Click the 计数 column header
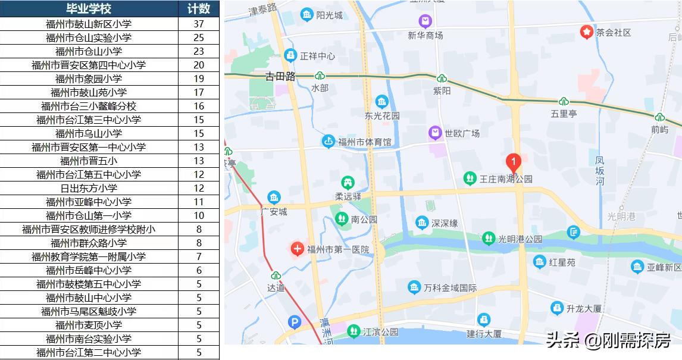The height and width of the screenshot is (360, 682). coord(199,9)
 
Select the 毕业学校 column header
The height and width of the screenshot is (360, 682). coord(89,9)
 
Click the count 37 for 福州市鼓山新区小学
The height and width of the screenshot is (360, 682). coord(199,24)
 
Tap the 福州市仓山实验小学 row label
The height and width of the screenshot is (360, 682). coord(89,37)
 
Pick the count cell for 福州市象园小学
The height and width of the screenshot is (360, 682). coord(199,79)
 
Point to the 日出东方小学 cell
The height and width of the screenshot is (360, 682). coord(89,188)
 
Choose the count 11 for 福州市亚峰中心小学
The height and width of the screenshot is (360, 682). coord(199,202)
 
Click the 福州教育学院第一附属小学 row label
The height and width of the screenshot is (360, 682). coord(89,256)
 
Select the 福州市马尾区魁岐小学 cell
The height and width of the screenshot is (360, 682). coord(89,311)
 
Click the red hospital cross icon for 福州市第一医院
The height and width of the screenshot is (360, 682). coord(297,249)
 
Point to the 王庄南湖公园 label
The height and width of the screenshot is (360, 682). coord(506,179)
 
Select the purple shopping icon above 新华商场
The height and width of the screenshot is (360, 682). coord(425,22)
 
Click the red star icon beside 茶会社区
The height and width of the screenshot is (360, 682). coord(586,32)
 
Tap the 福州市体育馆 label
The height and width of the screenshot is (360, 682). coord(365,142)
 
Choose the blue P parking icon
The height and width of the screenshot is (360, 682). coord(294,323)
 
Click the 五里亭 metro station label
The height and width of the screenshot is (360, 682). coord(564,113)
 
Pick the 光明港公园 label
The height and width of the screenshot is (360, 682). coord(520,239)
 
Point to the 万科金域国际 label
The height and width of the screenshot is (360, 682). coord(450,288)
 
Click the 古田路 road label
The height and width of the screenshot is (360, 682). coord(280,76)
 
